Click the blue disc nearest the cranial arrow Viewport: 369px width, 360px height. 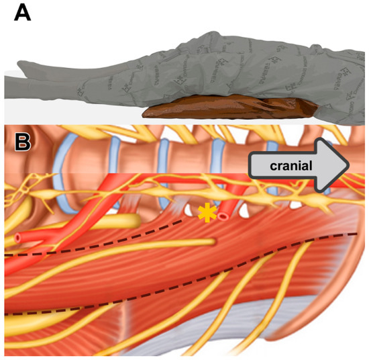pos(272,155)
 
